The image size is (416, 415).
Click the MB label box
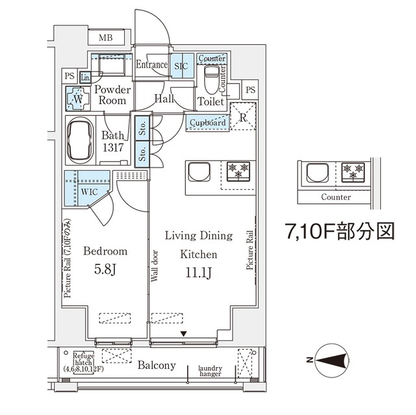[107, 38]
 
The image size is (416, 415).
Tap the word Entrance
[151, 64]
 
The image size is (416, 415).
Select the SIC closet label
[181, 65]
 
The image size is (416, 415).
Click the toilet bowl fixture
[211, 82]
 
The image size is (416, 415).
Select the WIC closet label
[90, 192]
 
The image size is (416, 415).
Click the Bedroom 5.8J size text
[104, 267]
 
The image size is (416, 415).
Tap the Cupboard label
[208, 122]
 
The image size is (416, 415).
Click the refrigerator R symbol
[242, 118]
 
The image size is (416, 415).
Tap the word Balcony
[157, 366]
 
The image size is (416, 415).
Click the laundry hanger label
[211, 371]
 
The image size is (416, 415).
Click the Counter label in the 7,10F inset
[335, 197]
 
